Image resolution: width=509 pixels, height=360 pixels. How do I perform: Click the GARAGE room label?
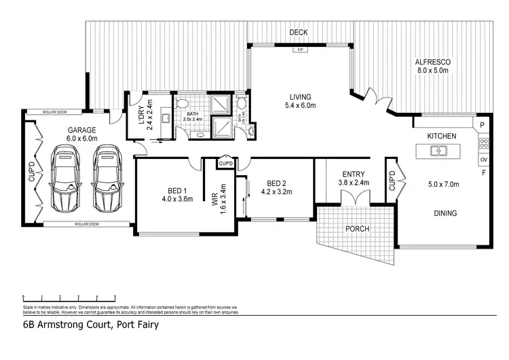pyautogui.click(x=81, y=129)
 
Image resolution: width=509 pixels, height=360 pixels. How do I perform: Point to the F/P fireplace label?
pyautogui.click(x=298, y=50)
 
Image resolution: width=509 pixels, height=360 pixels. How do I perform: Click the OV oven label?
pyautogui.click(x=483, y=160)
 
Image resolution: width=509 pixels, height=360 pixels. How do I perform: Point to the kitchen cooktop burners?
pyautogui.click(x=484, y=143)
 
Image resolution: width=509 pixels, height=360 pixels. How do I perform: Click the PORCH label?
pyautogui.click(x=357, y=229)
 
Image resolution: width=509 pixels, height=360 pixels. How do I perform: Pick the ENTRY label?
pyautogui.click(x=353, y=173)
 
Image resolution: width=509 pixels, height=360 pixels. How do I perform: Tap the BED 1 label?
pyautogui.click(x=177, y=190)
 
